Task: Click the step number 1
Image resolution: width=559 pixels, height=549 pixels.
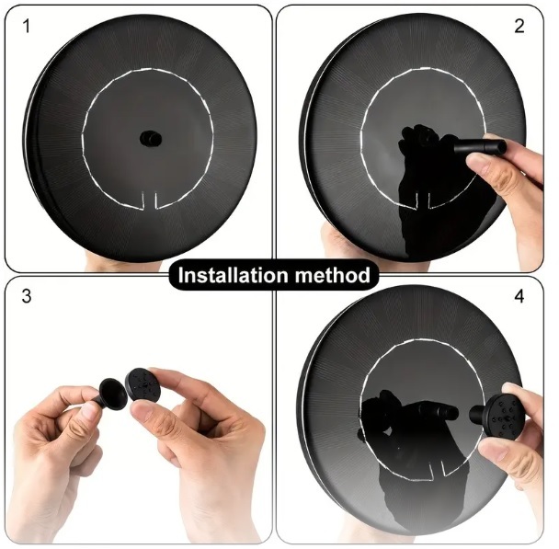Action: (x=26, y=27)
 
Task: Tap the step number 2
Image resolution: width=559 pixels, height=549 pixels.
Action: (x=519, y=26)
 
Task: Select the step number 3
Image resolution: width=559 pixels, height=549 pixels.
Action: (x=27, y=296)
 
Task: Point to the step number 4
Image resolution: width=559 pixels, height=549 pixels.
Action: (x=519, y=296)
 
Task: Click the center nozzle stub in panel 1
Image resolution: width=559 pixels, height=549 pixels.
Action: (x=151, y=138)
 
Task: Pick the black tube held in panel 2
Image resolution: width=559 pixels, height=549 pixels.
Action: (x=480, y=146)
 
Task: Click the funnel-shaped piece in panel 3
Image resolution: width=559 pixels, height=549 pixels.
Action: (x=110, y=395)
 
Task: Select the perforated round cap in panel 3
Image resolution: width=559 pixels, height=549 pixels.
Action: (x=143, y=385)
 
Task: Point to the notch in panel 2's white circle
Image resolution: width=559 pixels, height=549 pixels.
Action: (x=423, y=200)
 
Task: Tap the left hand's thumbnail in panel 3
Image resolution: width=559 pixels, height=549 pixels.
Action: (x=87, y=412)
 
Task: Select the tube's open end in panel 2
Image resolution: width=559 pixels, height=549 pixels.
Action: (x=502, y=146)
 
